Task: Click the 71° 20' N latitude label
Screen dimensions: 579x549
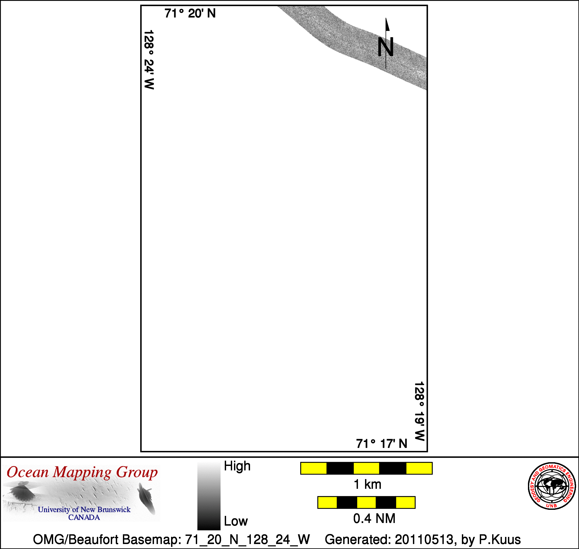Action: coord(190,13)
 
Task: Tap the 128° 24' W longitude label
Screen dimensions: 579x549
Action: coord(149,59)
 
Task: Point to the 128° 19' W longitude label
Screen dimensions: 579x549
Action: coord(420,411)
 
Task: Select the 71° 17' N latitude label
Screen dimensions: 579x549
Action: coord(382,444)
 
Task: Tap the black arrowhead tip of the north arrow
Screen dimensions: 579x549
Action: coord(386,18)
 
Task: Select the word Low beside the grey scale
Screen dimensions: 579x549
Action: coord(236,521)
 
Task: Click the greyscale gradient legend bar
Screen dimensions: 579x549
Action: coord(209,496)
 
